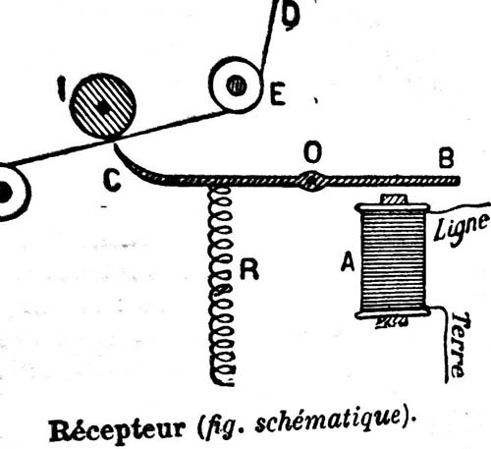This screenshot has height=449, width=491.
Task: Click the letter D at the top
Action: [291, 16]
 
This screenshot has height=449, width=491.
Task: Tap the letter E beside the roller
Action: [278, 94]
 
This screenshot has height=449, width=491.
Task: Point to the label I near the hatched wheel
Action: [62, 88]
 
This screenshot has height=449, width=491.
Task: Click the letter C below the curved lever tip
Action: [112, 180]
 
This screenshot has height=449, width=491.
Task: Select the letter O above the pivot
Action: [312, 152]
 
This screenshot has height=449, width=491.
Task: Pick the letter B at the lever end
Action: [447, 159]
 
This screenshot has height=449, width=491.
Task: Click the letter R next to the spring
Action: [249, 269]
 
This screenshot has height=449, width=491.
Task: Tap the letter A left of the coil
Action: [348, 262]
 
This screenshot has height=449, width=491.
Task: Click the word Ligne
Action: [462, 228]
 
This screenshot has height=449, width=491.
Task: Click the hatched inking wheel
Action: [103, 106]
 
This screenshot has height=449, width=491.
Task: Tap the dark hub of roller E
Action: [237, 85]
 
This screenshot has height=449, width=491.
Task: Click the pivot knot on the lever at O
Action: [312, 181]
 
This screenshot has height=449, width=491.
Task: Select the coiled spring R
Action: [222, 286]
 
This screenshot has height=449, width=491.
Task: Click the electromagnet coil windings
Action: [393, 261]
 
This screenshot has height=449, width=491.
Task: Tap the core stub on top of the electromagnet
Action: [394, 199]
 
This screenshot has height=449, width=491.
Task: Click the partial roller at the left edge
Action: [13, 192]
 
